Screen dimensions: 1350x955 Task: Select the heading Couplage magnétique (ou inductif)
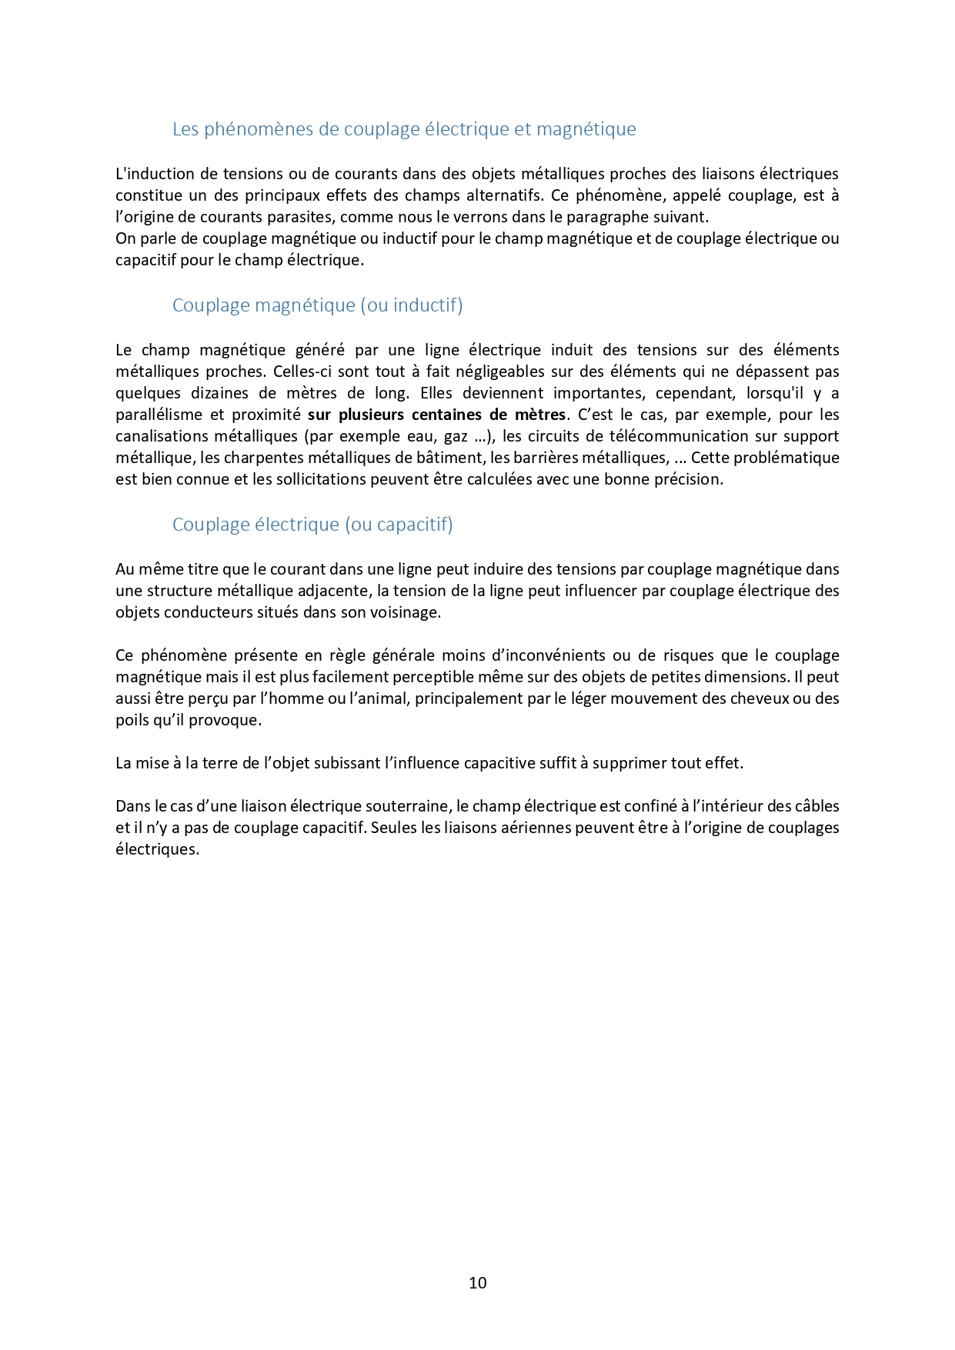[x=317, y=305]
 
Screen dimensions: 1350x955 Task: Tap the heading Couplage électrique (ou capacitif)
[x=312, y=525]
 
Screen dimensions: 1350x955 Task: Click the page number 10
[x=477, y=1282]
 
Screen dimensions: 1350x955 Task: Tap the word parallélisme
[x=158, y=415]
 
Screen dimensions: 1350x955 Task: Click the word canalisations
[x=162, y=436]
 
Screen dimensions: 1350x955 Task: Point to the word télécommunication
[x=656, y=436]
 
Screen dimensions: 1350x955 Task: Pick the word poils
[x=132, y=720]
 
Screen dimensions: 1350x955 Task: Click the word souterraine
[x=402, y=806]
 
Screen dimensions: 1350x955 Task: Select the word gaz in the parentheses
[x=456, y=436]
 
